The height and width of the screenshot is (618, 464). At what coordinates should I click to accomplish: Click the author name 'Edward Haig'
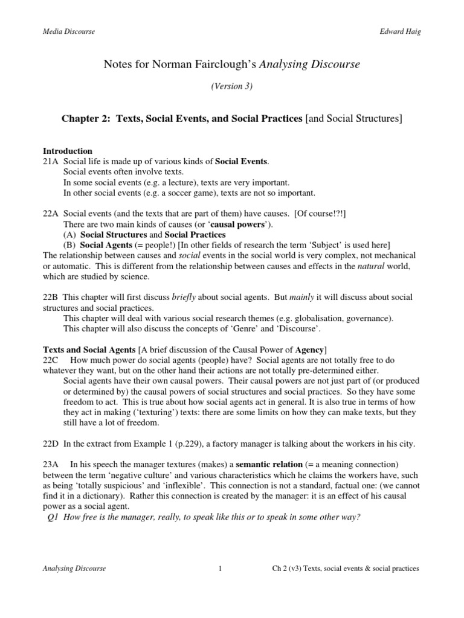[x=399, y=31]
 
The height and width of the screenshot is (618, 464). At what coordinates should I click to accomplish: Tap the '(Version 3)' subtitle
[x=231, y=86]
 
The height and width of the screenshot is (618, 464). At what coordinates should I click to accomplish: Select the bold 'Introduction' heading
[x=68, y=151]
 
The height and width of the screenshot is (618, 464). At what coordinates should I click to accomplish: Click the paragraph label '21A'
[x=51, y=161]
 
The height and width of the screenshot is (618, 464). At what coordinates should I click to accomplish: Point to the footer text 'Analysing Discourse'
[x=74, y=569]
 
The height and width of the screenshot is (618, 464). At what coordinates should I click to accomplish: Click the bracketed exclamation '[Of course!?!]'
[x=320, y=214]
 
